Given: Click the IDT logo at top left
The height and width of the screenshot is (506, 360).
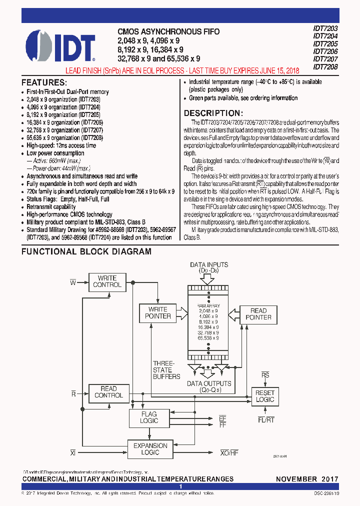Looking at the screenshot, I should (x=59, y=45).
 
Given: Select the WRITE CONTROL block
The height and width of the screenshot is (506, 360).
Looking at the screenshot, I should (x=107, y=281).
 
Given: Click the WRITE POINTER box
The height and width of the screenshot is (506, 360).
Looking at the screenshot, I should (x=157, y=312).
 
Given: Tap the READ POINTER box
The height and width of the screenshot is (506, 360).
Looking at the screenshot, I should (x=258, y=314).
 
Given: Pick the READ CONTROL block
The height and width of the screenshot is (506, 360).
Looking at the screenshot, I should (x=108, y=392).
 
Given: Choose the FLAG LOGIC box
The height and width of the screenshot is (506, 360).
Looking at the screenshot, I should (x=148, y=417).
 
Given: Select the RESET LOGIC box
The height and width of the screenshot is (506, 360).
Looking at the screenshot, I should (x=264, y=396).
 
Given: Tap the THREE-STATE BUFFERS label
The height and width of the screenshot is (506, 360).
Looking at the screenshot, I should (x=166, y=370).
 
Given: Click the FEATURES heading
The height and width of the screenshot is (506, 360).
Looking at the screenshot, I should (x=44, y=82).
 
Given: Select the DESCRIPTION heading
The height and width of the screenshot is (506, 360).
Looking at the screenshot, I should (x=213, y=113).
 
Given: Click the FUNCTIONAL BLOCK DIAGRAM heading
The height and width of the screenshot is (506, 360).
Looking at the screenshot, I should (x=86, y=252).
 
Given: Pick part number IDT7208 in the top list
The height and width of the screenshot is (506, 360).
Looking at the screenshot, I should (x=325, y=66).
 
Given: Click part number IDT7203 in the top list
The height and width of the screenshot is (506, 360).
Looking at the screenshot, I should (x=325, y=28).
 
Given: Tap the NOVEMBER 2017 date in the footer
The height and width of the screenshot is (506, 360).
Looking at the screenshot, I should (x=307, y=479).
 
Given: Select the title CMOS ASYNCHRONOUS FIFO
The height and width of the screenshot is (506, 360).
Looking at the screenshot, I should (x=168, y=31).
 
